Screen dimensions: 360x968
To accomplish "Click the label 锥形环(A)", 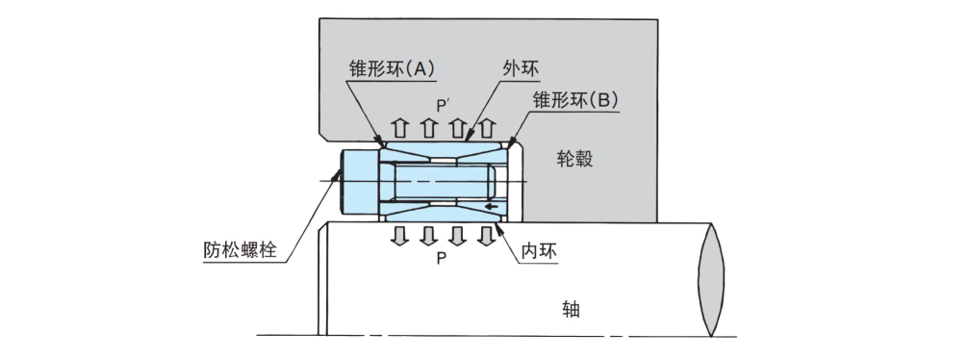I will tap(392, 69).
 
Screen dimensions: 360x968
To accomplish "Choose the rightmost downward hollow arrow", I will tap(485, 236).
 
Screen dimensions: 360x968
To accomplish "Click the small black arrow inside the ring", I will tap(492, 205).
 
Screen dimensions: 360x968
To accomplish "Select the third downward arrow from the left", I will tap(457, 236).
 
